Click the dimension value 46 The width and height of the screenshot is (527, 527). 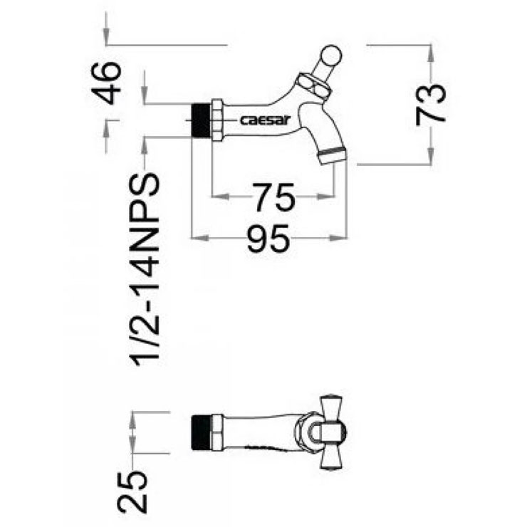pos(106,83)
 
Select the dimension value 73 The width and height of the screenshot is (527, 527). pos(431,105)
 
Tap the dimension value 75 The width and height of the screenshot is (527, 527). pos(273,197)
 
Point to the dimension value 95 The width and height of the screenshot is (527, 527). pos(268,239)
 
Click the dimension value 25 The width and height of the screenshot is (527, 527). pos(132,492)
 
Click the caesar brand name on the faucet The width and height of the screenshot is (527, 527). pos(265,120)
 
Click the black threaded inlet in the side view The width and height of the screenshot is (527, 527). pos(201,120)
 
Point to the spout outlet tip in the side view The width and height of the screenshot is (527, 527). pos(333,156)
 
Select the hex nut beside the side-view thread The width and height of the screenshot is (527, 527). pos(217,120)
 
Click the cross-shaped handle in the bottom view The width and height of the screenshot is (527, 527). pos(331,432)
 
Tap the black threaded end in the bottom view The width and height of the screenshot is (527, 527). pos(201,432)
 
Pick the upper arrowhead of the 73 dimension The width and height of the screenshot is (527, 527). pos(430,54)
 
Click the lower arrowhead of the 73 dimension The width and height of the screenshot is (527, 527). pos(430,156)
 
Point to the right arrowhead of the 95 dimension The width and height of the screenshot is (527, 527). pos(338,238)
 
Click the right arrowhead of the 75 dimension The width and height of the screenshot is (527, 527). pos(326,197)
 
